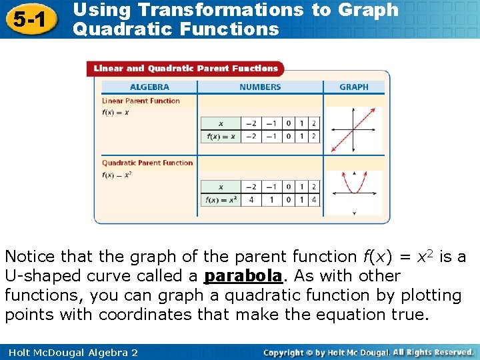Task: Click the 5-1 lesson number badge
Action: click(27, 20)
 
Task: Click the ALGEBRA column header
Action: click(149, 87)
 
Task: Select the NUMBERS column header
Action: click(260, 87)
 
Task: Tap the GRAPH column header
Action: click(354, 87)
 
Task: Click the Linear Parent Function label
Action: click(141, 101)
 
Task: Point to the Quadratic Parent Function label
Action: click(147, 163)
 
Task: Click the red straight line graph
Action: click(353, 129)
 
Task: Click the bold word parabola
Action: click(243, 276)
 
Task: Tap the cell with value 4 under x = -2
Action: click(251, 199)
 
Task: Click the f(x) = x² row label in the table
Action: click(221, 199)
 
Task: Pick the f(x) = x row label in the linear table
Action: click(221, 137)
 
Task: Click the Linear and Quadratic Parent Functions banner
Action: click(185, 68)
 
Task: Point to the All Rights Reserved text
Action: click(433, 352)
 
